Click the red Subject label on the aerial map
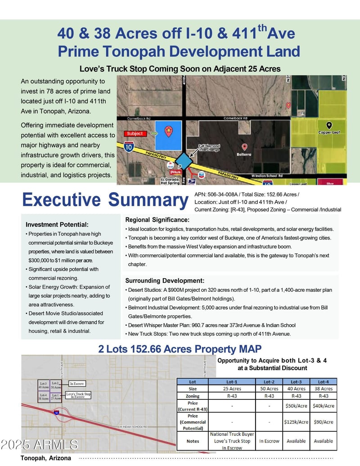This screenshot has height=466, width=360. tap(135, 133)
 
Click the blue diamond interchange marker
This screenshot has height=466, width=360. tap(184, 160)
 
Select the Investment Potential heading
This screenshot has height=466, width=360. tap(57, 224)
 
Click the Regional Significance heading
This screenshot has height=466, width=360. tap(157, 220)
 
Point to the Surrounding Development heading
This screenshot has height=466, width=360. tap(165, 281)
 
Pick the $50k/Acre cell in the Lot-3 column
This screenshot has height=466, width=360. tap(296, 406)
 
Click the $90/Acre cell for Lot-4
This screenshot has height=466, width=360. tap(324, 422)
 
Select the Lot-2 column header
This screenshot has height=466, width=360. tap(269, 381)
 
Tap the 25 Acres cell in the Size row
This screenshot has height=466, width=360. tap(232, 389)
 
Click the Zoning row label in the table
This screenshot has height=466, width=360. tap(193, 396)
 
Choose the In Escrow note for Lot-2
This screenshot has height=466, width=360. tap(269, 441)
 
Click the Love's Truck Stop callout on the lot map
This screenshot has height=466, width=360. tap(79, 395)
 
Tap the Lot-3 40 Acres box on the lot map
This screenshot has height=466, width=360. tap(44, 385)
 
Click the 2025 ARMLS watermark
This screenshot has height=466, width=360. tap(39, 444)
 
